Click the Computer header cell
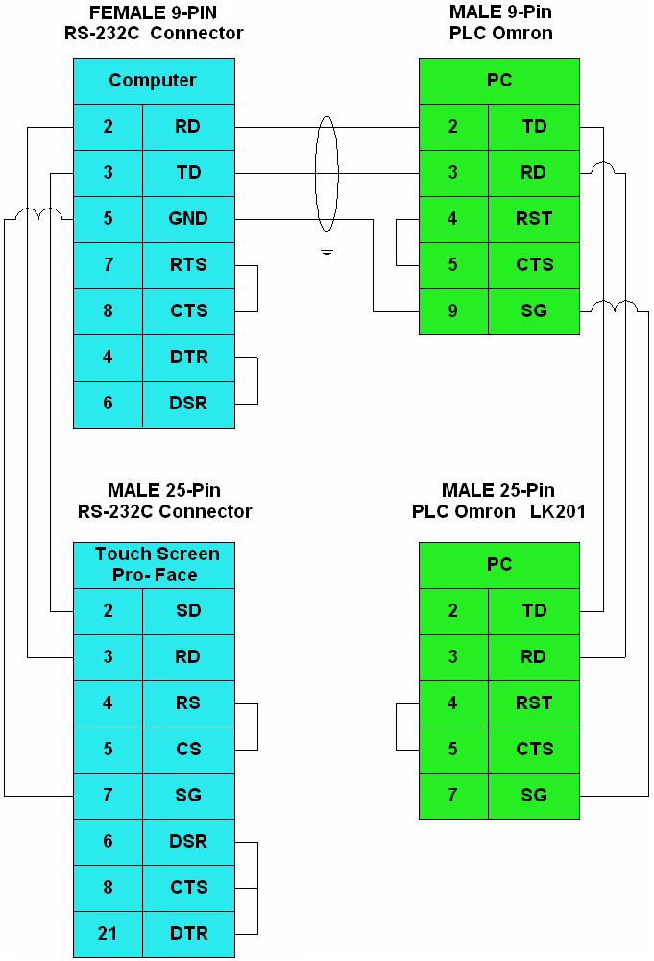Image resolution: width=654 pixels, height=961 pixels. pos(154,81)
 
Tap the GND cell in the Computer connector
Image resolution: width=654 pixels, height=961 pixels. pos(188,219)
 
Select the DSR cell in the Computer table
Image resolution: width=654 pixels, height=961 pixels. pos(188,404)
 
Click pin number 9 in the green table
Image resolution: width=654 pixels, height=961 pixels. pos(453,311)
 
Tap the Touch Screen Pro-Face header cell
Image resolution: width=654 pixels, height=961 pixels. pos(154,565)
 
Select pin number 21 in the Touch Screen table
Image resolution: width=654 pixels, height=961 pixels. pos(108,933)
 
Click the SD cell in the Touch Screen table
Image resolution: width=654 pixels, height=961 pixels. pos(188,611)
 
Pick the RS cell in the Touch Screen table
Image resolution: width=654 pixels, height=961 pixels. pos(188,703)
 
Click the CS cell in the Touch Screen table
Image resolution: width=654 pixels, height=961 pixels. pos(188,749)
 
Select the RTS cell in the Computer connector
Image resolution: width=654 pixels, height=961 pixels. pos(188,265)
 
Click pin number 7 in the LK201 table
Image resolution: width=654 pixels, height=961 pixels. pos(453,796)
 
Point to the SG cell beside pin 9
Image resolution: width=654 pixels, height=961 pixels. pos(534,311)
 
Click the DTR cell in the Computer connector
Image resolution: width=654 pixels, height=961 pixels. pos(188,357)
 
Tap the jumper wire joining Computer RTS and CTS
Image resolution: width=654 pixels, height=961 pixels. pos(257,288)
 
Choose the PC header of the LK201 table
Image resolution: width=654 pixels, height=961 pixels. pos(499,565)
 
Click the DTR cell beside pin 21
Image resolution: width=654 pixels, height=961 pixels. pos(188,933)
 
